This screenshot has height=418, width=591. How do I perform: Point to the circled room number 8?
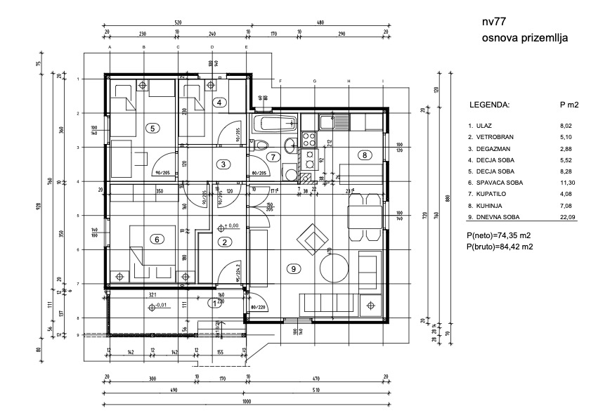tap(364, 155)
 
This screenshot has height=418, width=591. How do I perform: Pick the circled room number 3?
tap(223, 164)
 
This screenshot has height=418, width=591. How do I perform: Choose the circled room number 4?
tap(220, 103)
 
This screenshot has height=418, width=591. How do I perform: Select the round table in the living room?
tap(332, 267)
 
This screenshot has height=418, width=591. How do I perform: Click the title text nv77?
tap(495, 22)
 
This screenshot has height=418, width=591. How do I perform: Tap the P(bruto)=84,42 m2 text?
tap(499, 247)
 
